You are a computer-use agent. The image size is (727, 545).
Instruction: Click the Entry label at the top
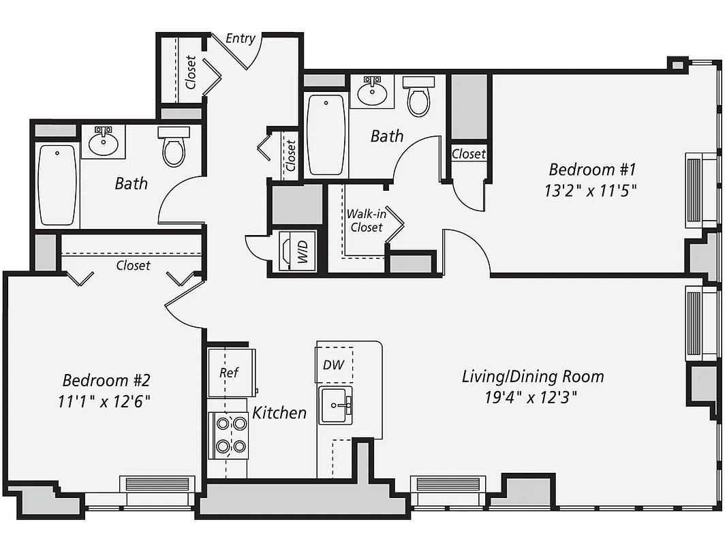(x=240, y=38)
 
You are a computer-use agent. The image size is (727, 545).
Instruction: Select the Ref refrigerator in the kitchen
(x=230, y=373)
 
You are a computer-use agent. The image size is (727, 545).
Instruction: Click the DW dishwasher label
(x=334, y=365)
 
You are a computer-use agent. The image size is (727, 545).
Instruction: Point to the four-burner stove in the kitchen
(x=230, y=435)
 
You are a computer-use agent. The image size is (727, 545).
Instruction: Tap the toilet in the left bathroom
(x=174, y=148)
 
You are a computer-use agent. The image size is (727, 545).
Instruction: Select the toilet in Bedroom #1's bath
(x=418, y=97)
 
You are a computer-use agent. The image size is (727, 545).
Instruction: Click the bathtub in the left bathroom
(x=57, y=184)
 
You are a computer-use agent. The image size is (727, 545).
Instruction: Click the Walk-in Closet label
(x=366, y=221)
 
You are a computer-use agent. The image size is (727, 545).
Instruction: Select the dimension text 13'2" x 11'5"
(x=590, y=191)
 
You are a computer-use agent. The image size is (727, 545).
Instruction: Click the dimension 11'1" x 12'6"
(x=104, y=401)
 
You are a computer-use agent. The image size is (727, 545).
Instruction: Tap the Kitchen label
(x=279, y=412)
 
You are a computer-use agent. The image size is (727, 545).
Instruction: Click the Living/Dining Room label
(x=533, y=376)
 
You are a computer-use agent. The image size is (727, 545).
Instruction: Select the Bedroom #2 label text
(x=105, y=379)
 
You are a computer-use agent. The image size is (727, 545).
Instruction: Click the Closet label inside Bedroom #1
(x=469, y=154)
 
